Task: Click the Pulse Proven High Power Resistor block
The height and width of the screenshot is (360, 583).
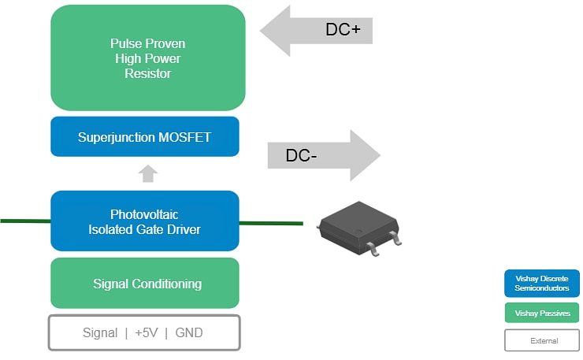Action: (x=147, y=58)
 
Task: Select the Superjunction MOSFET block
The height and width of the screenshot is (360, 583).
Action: (x=145, y=137)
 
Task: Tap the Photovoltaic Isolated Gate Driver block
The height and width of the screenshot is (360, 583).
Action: (x=145, y=221)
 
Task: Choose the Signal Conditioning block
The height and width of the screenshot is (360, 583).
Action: (x=145, y=284)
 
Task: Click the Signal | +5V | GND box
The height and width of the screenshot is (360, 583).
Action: (x=144, y=332)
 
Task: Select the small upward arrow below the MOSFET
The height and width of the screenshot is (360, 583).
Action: (x=148, y=173)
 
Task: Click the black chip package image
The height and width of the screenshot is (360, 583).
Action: (x=358, y=228)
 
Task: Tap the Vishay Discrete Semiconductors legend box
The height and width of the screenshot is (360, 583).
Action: (x=542, y=284)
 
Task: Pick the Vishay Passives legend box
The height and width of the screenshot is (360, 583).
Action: (x=542, y=313)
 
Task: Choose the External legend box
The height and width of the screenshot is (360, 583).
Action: (x=542, y=340)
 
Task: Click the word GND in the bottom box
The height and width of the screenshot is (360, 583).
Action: (x=188, y=332)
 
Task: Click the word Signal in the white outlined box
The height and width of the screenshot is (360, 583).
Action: (x=100, y=332)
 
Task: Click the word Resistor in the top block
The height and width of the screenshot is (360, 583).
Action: (x=147, y=73)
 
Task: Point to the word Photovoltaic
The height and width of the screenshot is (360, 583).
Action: (x=145, y=213)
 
